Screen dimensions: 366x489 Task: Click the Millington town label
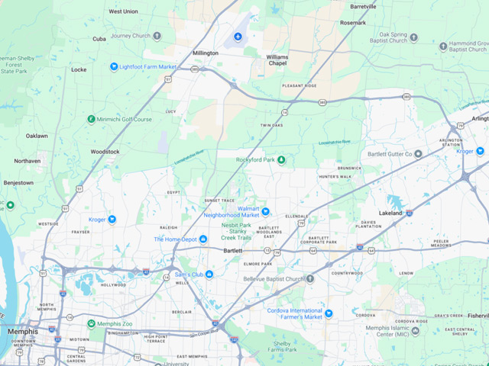point(206,53)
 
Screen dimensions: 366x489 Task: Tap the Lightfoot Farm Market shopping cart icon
point(114,67)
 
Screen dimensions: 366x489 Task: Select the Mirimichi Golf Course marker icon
point(91,119)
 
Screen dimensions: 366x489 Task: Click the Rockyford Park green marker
point(281,159)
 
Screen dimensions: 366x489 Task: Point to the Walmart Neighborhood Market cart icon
point(266,210)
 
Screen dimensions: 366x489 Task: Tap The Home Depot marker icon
point(204,239)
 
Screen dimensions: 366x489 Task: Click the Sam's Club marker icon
point(209,274)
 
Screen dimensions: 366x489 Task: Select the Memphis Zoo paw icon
point(91,323)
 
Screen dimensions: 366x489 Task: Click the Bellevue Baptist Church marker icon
point(309,279)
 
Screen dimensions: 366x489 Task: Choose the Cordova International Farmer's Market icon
point(329,313)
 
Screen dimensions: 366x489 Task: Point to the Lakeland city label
point(391,213)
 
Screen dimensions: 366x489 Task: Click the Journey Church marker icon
point(157,35)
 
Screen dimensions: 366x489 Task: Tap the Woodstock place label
point(105,152)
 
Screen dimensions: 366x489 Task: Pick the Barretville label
point(363,6)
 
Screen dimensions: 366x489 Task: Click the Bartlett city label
point(232,250)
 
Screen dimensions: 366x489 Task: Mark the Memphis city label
point(22,332)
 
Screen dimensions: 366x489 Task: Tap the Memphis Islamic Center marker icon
point(415,331)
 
